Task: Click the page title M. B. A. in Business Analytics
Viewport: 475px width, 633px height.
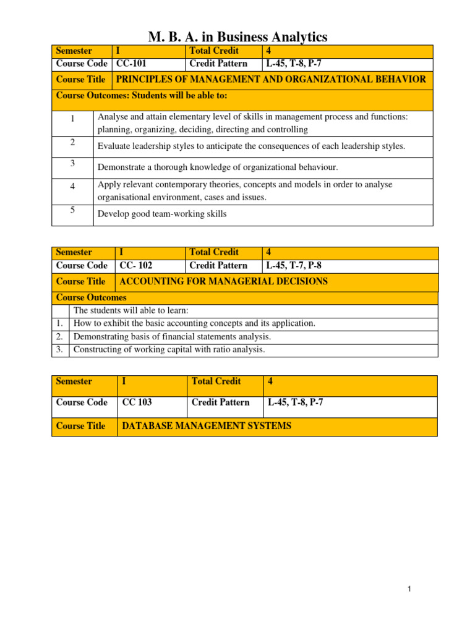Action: click(x=237, y=37)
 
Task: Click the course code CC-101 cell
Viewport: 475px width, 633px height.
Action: click(x=132, y=63)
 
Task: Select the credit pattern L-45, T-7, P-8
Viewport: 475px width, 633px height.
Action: click(x=293, y=266)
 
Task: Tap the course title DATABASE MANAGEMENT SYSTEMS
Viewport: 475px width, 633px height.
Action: click(x=207, y=426)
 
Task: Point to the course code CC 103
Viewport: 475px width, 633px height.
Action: click(x=137, y=402)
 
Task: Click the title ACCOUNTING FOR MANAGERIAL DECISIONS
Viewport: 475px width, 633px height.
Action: click(x=223, y=282)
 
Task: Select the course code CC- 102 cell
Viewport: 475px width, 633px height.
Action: click(x=135, y=266)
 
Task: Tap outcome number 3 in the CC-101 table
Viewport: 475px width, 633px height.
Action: click(x=72, y=163)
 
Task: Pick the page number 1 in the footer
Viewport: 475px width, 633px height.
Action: click(x=409, y=590)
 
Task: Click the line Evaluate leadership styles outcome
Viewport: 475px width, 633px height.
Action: click(x=251, y=147)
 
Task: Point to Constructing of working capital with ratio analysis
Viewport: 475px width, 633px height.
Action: click(x=169, y=349)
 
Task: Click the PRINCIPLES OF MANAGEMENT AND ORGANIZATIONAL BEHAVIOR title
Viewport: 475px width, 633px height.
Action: click(x=271, y=79)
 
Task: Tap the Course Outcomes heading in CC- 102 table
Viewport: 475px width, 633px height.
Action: click(x=91, y=298)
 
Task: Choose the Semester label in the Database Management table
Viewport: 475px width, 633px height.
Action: click(x=74, y=381)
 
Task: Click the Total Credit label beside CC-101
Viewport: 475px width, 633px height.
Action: click(x=214, y=51)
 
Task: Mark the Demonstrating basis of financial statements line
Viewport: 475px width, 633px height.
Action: click(x=172, y=336)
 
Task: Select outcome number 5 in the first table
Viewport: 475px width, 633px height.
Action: click(x=72, y=210)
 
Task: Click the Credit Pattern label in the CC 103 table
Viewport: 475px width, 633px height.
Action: click(x=220, y=402)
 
